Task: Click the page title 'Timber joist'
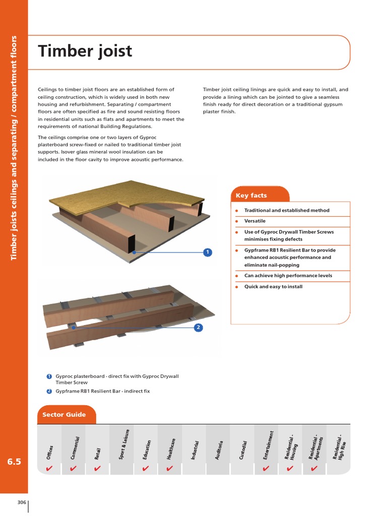(85, 51)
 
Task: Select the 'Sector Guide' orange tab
(64, 415)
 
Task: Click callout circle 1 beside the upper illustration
(207, 252)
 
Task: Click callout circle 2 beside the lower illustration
(199, 328)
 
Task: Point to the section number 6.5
(14, 462)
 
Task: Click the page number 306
(22, 502)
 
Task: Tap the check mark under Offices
(49, 469)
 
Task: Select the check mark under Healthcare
(170, 469)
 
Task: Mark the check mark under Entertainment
(266, 469)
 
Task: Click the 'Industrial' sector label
(194, 449)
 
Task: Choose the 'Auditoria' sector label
(218, 449)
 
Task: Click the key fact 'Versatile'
(254, 221)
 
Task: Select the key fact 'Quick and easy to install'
(273, 287)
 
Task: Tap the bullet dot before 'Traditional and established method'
(236, 211)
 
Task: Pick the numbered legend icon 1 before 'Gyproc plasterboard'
(49, 376)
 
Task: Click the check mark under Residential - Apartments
(314, 469)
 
